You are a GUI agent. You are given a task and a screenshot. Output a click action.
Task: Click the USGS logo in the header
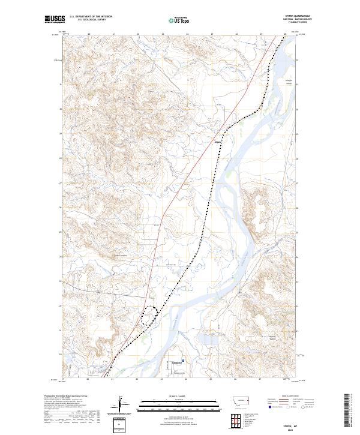(54, 19)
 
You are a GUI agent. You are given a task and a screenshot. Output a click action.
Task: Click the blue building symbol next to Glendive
(184, 361)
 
